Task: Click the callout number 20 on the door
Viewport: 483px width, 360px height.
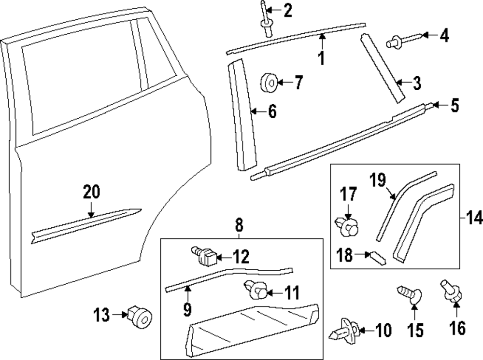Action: click(x=91, y=192)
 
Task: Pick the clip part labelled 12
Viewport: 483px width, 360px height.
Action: click(x=206, y=256)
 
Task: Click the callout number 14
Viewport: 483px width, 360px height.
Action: click(x=475, y=218)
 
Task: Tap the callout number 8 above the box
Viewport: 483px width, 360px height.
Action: click(x=239, y=224)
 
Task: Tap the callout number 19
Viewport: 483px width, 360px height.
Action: click(x=378, y=180)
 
